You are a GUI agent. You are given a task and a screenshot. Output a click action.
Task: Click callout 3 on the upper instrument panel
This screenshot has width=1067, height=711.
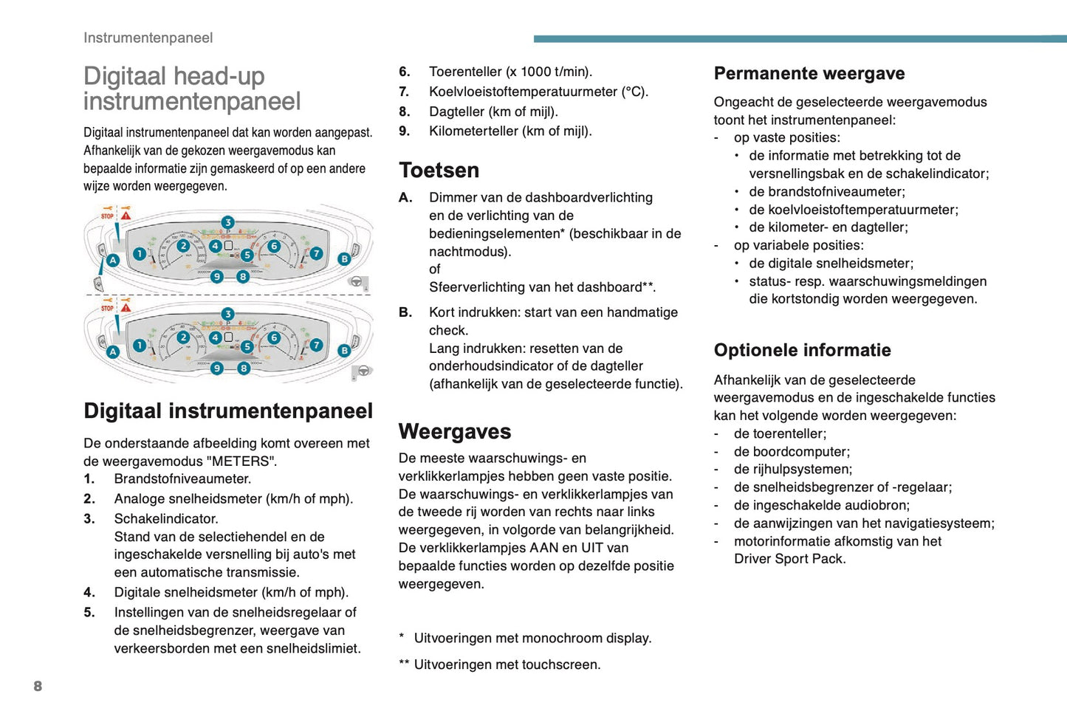point(227,222)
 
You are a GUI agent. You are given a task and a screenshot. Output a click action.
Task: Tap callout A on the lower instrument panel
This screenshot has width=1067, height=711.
point(113,351)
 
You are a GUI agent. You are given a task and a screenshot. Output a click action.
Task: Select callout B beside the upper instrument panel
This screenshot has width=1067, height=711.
point(344,259)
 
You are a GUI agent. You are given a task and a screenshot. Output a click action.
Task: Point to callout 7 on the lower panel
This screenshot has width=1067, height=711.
point(316,345)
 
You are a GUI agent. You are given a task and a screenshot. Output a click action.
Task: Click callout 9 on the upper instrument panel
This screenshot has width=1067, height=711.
point(216,277)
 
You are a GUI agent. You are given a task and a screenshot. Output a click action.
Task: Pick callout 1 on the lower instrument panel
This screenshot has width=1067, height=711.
point(140,345)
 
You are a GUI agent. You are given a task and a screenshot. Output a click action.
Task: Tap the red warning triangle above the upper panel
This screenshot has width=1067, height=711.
point(126,216)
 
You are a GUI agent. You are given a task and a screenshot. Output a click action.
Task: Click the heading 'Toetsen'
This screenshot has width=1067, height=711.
point(439,171)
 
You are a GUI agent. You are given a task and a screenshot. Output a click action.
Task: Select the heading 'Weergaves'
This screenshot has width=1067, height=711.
point(455,432)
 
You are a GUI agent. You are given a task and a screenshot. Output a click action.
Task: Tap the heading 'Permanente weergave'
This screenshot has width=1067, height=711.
point(809,74)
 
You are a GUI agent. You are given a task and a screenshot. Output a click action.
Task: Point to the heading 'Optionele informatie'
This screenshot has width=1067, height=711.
point(802,350)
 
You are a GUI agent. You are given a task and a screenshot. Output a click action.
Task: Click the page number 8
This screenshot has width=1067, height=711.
point(38,686)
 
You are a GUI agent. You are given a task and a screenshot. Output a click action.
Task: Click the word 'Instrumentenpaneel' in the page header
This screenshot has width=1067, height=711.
point(148,38)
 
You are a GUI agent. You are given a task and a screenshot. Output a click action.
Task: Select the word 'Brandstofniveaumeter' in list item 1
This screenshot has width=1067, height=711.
point(181,478)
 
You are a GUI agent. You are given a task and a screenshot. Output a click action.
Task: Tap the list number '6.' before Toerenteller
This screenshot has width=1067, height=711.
point(405,72)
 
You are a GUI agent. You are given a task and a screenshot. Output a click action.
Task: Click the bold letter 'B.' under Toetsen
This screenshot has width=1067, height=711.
point(405,312)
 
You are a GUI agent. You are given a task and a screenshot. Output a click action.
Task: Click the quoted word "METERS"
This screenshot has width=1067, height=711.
point(240,461)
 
